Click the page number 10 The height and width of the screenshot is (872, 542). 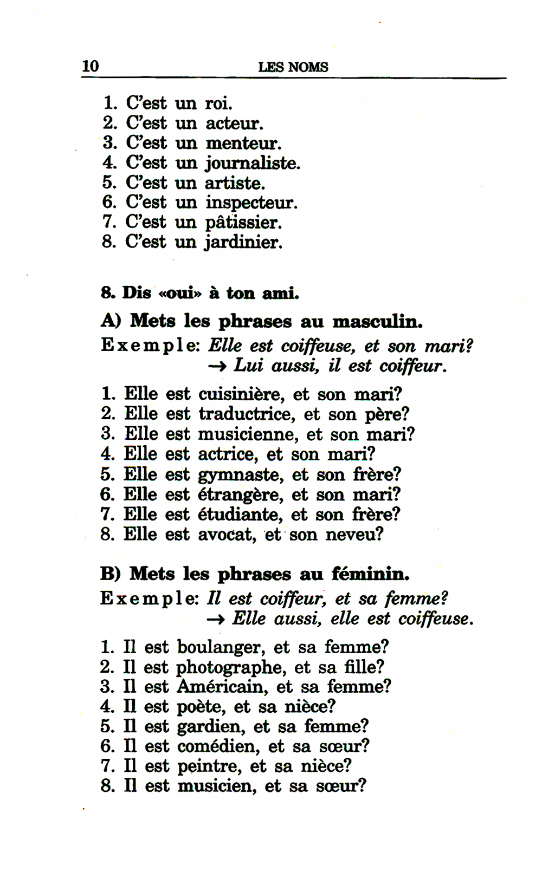(x=90, y=66)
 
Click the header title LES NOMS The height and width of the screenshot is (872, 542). (x=293, y=67)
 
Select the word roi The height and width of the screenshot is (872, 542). (x=218, y=103)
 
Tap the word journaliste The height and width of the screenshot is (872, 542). (x=252, y=163)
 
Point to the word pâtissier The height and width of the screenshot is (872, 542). (x=243, y=223)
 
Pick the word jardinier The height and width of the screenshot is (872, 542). (x=243, y=242)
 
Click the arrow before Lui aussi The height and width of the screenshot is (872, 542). (x=217, y=366)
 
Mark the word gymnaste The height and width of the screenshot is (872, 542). (x=241, y=475)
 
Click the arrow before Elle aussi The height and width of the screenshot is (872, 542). (x=216, y=619)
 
